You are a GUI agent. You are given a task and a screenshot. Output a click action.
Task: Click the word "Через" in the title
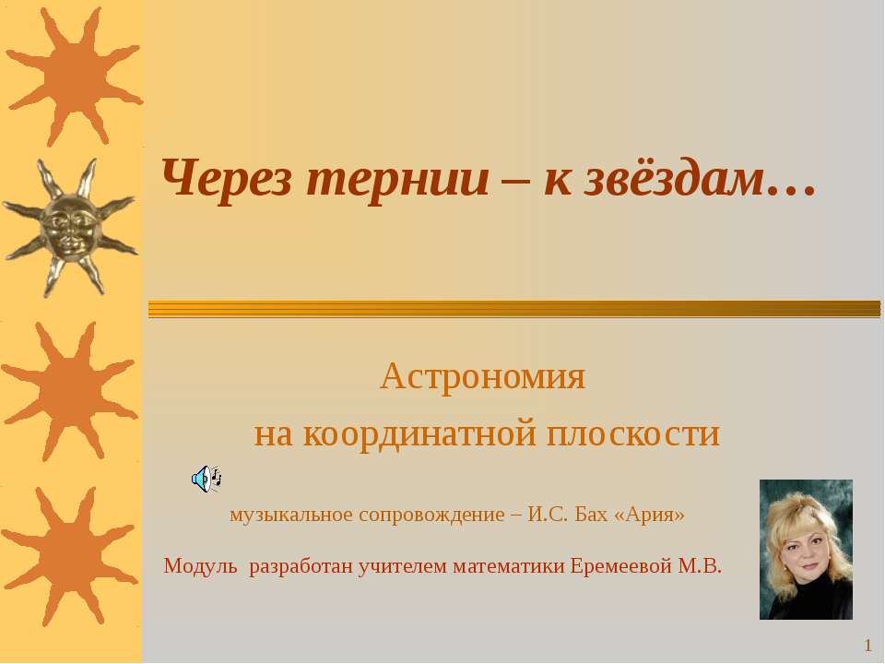click(227, 179)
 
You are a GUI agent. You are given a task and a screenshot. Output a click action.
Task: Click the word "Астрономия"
click(482, 376)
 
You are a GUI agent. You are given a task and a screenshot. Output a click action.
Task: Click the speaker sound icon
click(206, 480)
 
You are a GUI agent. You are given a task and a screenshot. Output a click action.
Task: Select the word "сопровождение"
click(431, 515)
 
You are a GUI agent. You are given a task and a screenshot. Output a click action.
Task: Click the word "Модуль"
click(200, 565)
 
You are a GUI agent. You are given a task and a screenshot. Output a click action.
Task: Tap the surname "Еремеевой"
click(621, 565)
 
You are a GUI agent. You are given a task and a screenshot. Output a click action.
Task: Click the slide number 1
click(868, 646)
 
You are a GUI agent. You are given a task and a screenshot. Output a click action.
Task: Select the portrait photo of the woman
click(806, 550)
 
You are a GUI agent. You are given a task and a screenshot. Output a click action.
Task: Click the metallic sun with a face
click(70, 228)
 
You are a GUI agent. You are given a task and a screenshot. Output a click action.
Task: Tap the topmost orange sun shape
click(74, 77)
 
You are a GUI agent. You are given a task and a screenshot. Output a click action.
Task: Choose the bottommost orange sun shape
click(70, 557)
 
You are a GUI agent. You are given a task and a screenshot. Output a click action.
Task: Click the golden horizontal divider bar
click(514, 309)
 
